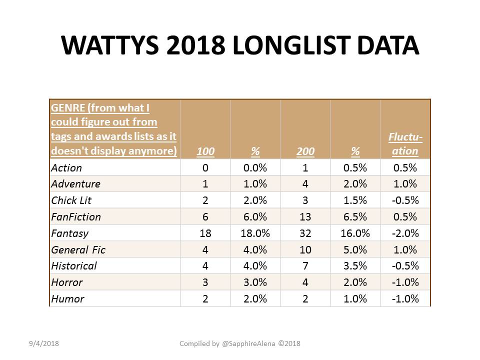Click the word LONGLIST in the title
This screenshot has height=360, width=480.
(291, 45)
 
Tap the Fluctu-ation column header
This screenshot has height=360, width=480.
(405, 144)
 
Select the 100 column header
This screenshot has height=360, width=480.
(205, 151)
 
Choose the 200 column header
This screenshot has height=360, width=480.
(305, 151)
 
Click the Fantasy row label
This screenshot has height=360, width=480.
(70, 233)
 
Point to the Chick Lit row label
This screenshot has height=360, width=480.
(71, 200)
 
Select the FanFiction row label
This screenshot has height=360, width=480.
(76, 216)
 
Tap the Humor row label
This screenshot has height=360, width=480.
(67, 299)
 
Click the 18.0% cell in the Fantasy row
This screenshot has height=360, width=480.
(255, 233)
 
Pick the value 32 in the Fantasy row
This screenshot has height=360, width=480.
(305, 233)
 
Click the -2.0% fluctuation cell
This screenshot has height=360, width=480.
(405, 233)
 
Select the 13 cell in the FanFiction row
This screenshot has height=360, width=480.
(305, 216)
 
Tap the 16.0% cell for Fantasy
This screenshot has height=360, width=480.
(355, 233)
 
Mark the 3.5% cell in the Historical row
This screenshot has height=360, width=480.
(355, 265)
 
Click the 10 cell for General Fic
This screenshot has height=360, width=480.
(305, 250)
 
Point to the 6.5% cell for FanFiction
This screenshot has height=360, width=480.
(355, 216)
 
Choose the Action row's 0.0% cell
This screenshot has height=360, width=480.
(255, 168)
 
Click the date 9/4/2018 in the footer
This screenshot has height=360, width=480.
(44, 343)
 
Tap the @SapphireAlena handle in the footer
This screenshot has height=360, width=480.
(248, 344)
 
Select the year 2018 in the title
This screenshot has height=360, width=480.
(196, 45)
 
